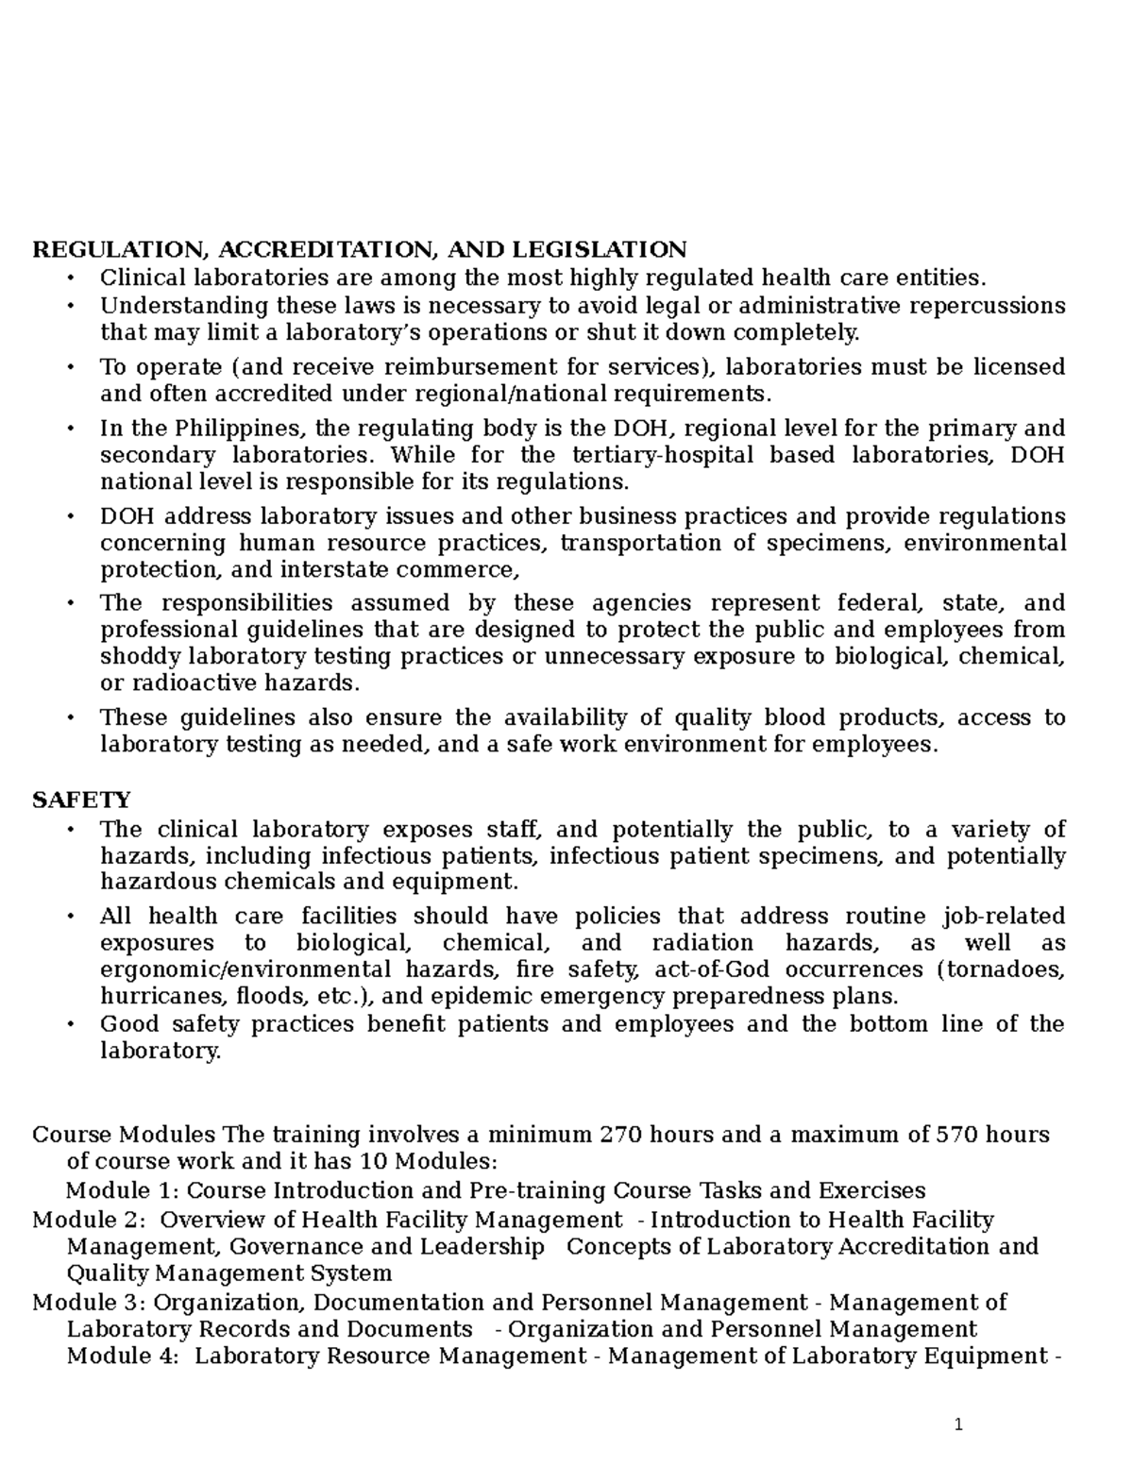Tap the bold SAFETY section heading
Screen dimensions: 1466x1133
tap(81, 800)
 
